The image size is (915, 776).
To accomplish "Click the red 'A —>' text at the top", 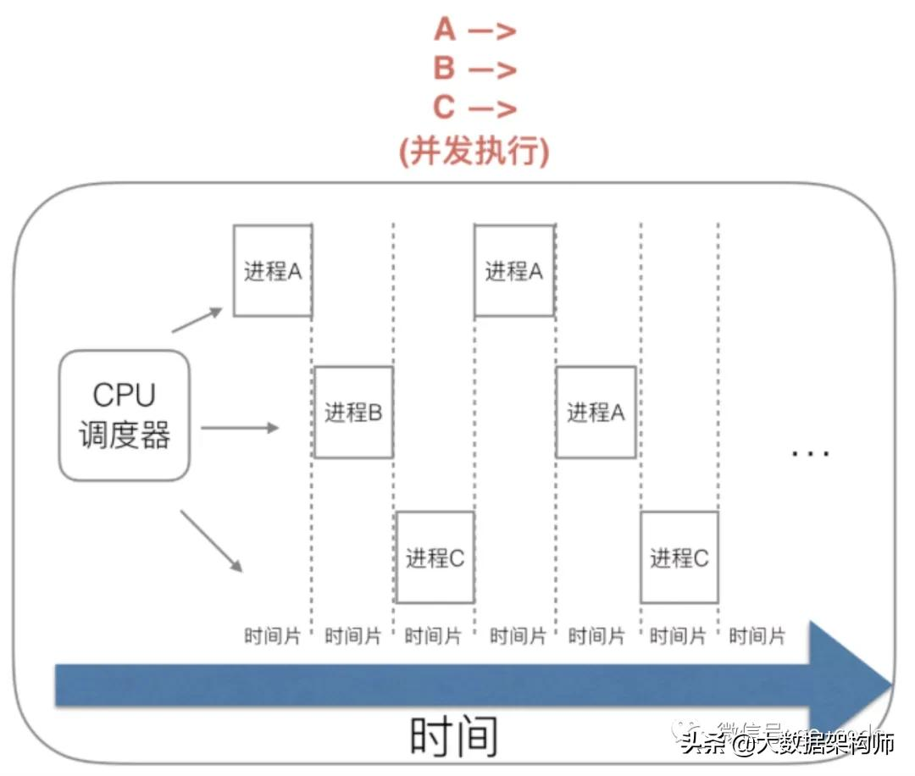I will (474, 30).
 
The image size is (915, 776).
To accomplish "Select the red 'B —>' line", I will (474, 69).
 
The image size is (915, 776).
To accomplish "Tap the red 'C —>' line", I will (474, 108).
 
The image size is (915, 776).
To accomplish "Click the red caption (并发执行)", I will (474, 150).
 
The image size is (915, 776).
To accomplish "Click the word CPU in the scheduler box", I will (125, 395).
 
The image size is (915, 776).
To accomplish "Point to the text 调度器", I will (125, 435).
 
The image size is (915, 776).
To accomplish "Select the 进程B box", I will (353, 413).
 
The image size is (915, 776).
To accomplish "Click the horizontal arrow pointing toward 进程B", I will (239, 428).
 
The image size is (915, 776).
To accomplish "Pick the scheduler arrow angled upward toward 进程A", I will (197, 320).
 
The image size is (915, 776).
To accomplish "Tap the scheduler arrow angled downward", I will (212, 540).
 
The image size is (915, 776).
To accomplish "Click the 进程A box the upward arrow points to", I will (273, 271).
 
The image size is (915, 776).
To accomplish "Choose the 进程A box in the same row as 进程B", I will (596, 413).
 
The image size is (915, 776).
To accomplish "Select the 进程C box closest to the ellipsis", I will (679, 557).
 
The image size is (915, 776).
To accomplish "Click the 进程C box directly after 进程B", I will (435, 557).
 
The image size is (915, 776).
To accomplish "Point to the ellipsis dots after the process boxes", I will (810, 454).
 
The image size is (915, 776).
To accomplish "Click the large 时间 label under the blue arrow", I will (453, 736).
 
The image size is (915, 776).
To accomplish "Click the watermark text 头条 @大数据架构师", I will (788, 745).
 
